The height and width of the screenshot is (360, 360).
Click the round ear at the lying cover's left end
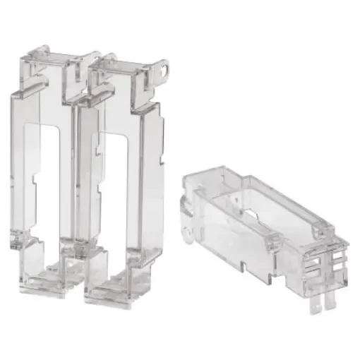pyautogui.click(x=186, y=232)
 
